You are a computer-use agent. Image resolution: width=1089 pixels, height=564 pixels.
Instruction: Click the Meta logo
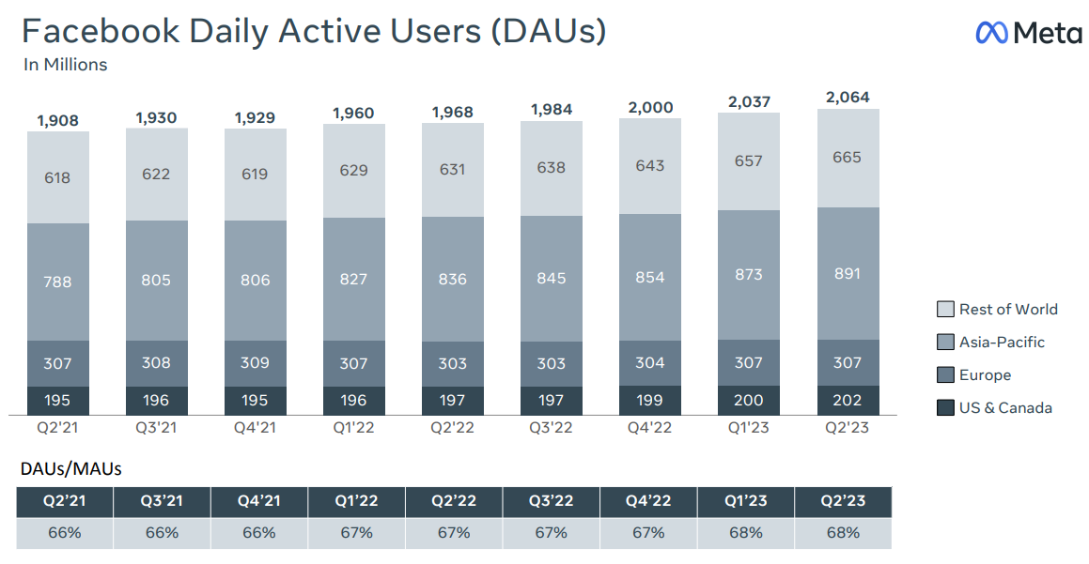1029,33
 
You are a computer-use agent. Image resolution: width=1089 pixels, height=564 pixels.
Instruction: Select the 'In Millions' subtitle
65,65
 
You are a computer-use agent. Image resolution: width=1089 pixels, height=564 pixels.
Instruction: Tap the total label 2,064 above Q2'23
847,98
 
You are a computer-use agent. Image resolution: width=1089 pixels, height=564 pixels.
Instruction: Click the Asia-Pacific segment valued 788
58,282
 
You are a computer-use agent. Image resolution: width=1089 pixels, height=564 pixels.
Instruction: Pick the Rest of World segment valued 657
748,161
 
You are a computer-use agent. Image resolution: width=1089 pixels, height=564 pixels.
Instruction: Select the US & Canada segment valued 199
649,401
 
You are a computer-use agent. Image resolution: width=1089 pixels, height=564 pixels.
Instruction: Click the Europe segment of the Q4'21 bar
256,363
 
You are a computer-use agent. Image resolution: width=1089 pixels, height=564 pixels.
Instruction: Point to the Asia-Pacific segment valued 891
847,273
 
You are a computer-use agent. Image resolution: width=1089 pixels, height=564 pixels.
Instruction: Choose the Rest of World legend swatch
945,310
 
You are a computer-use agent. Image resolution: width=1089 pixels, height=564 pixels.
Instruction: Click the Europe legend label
985,375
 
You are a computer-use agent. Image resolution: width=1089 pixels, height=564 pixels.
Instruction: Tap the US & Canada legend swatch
945,408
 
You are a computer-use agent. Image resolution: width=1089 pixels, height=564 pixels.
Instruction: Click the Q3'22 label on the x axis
551,427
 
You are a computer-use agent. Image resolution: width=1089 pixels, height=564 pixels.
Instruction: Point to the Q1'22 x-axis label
353,427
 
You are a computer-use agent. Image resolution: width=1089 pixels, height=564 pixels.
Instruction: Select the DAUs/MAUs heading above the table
70,469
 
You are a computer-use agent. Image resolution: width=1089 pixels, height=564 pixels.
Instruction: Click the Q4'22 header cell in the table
647,501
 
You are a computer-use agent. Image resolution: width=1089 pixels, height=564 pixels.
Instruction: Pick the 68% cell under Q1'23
746,533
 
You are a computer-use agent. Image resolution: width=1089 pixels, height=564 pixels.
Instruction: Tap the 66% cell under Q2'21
64,533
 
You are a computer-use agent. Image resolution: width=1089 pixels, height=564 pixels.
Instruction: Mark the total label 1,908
58,120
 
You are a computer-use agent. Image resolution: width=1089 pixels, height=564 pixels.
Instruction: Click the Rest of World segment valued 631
452,170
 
